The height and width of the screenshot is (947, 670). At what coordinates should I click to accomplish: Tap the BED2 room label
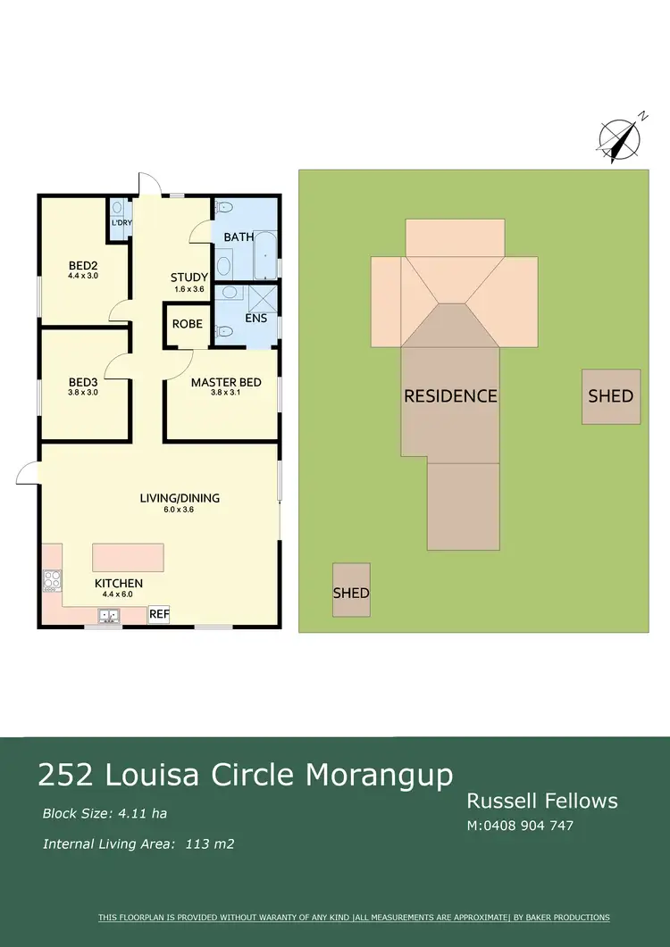coord(82,265)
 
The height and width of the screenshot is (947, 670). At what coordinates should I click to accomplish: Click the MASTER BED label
coord(226,382)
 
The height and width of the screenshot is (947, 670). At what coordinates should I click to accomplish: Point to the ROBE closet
coord(187,324)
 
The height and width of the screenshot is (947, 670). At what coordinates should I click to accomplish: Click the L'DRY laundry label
coord(121,223)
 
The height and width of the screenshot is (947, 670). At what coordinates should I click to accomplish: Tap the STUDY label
coord(189,278)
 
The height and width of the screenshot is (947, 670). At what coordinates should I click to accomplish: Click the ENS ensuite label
coord(256,318)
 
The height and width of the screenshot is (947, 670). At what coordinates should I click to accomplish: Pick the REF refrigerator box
coord(159,614)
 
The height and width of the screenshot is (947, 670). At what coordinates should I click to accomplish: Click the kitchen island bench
coord(128,557)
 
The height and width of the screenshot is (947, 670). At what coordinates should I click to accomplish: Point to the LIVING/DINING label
coord(180,498)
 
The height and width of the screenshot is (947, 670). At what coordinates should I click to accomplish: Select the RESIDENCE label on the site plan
coord(450,395)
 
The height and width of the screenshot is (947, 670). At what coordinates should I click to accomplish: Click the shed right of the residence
coord(611,396)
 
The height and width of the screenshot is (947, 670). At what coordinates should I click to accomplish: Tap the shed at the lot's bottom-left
coord(351,590)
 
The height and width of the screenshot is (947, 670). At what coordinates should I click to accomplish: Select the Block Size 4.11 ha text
coord(105,813)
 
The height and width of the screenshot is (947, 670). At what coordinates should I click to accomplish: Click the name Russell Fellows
coord(542,801)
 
